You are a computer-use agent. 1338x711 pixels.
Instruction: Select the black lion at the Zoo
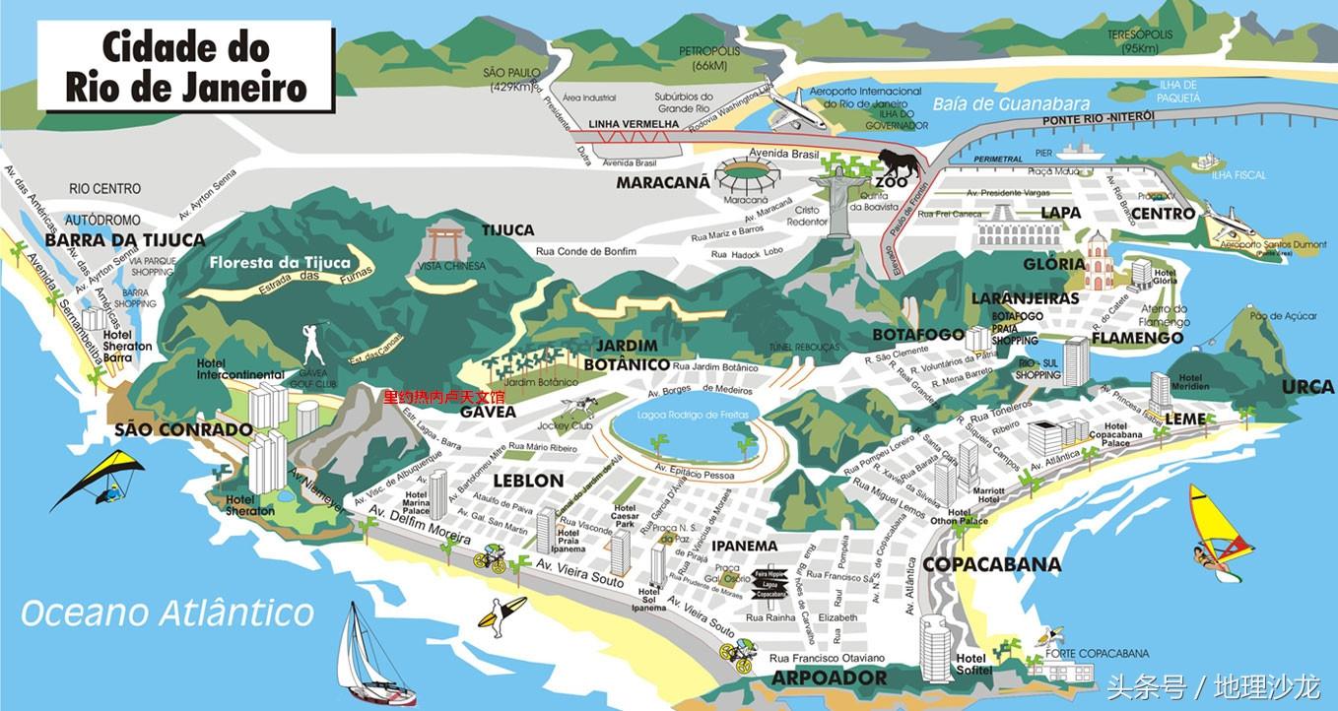click(x=900, y=162)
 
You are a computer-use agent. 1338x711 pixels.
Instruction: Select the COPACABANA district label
click(x=991, y=564)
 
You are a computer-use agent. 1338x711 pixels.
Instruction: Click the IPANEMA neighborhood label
click(x=744, y=546)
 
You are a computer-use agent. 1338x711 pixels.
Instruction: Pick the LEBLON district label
click(x=528, y=481)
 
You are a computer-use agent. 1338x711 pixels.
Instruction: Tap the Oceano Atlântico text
click(x=167, y=613)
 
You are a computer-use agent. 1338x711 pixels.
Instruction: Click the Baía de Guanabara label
click(x=1011, y=103)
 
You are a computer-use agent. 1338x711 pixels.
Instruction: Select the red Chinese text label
click(x=443, y=397)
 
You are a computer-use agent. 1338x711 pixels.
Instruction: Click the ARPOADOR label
click(x=829, y=678)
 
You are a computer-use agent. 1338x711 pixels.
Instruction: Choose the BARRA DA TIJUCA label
click(x=125, y=239)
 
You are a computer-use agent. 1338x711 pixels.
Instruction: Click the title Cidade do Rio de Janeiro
click(x=186, y=67)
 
